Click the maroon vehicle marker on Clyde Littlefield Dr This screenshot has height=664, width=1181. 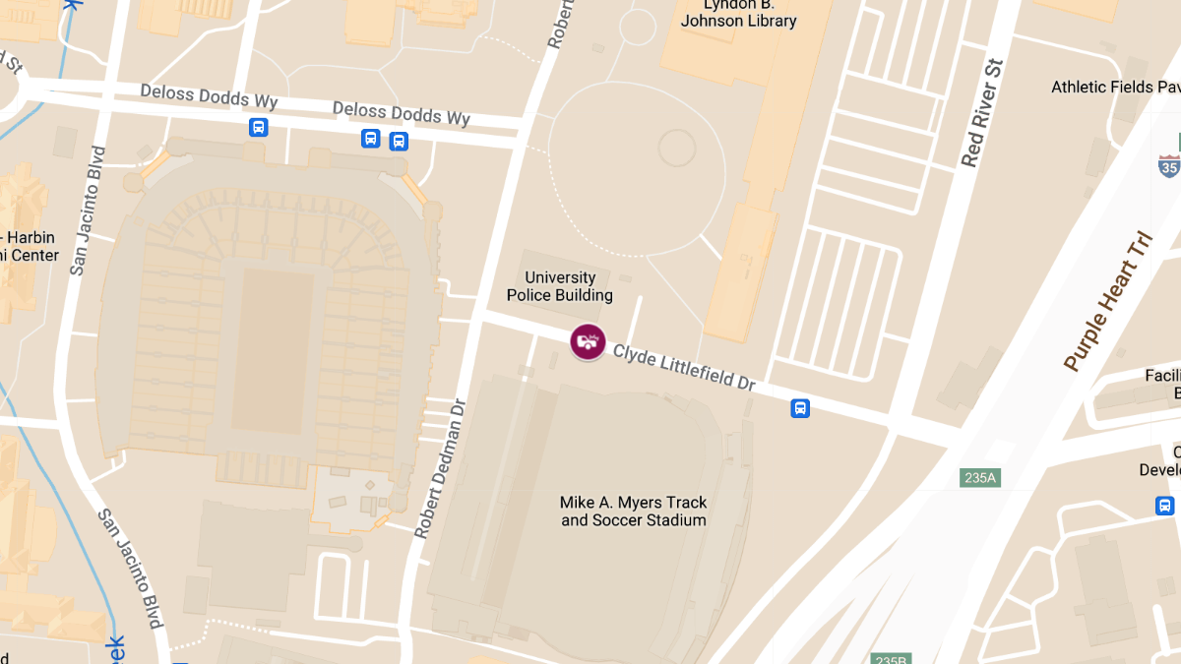[x=588, y=341]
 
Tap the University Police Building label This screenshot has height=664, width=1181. [x=559, y=286]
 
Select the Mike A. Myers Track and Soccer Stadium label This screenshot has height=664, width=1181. [x=634, y=511]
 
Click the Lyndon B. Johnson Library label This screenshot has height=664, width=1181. [x=738, y=14]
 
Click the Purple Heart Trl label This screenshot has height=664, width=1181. [x=1107, y=302]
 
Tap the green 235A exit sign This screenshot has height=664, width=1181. [x=980, y=478]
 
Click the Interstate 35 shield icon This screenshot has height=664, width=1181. [x=1168, y=165]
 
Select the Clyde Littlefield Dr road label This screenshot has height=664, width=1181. [x=684, y=366]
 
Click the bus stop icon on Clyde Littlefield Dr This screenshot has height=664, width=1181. [x=800, y=408]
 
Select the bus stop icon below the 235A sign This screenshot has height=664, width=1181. [x=1164, y=506]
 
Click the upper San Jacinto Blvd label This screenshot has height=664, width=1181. [x=88, y=211]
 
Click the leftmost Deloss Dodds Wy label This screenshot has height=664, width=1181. [x=209, y=96]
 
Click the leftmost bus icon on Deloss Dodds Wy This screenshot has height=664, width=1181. [x=258, y=127]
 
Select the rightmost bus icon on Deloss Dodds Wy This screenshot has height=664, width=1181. [x=399, y=141]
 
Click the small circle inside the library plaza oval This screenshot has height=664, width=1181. [x=677, y=148]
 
